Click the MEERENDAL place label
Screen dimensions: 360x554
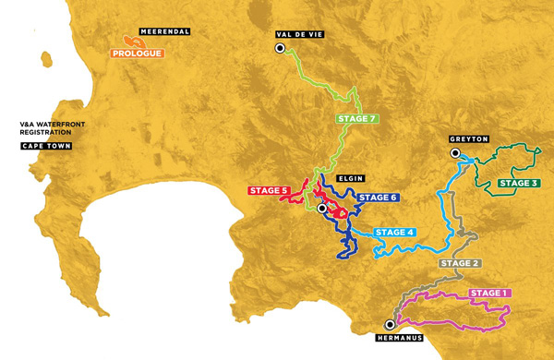[166, 31]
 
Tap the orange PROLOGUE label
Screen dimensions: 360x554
[138, 54]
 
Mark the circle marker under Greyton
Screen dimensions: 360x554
[454, 152]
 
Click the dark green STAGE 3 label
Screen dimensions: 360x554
[519, 183]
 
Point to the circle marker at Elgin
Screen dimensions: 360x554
[321, 209]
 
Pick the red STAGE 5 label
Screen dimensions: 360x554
[270, 191]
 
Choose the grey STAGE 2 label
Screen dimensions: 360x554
[459, 263]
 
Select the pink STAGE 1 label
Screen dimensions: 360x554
[489, 294]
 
